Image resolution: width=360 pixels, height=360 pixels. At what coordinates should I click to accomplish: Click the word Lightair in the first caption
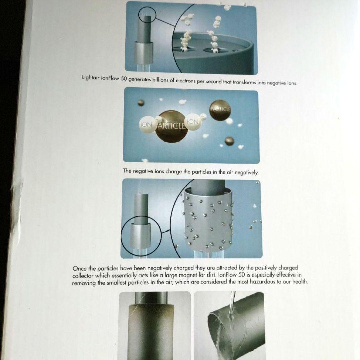[91, 77]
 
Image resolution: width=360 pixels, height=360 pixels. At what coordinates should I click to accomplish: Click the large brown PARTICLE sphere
[170, 126]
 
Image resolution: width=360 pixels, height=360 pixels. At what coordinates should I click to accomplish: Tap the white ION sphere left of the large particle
[147, 124]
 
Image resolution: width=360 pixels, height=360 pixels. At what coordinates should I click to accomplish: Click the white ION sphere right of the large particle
[193, 122]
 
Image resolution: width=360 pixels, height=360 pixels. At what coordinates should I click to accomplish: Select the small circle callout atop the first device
[147, 15]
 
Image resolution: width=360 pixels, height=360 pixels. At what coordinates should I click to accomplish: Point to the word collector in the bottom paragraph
[83, 276]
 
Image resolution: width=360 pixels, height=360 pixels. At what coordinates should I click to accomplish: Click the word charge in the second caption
[174, 172]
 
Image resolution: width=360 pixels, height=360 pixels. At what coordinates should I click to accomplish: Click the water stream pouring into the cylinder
[230, 308]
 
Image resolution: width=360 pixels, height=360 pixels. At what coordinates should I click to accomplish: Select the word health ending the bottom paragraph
[300, 281]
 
